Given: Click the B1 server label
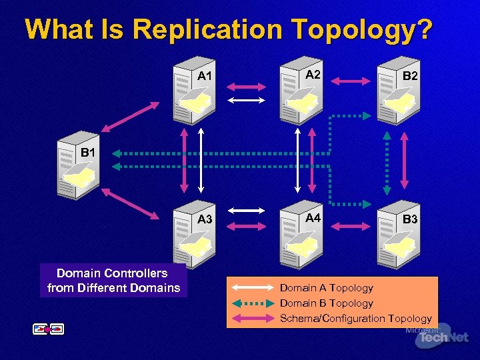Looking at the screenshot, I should point(89,153).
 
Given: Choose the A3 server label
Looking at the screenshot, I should point(205,219).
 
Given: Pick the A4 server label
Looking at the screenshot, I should point(313,218).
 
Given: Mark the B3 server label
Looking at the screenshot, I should point(410,219).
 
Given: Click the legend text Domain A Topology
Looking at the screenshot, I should point(326,288).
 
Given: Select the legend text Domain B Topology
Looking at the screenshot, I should point(326,303).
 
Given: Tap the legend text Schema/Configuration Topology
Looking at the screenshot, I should point(355,319).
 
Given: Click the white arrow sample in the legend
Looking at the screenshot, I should point(251,288).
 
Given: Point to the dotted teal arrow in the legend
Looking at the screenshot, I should point(251,303).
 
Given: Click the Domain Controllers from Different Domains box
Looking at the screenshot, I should point(113,281).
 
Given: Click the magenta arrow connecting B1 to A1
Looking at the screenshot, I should point(126,117).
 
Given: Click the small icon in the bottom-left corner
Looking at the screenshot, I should point(48,329).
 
